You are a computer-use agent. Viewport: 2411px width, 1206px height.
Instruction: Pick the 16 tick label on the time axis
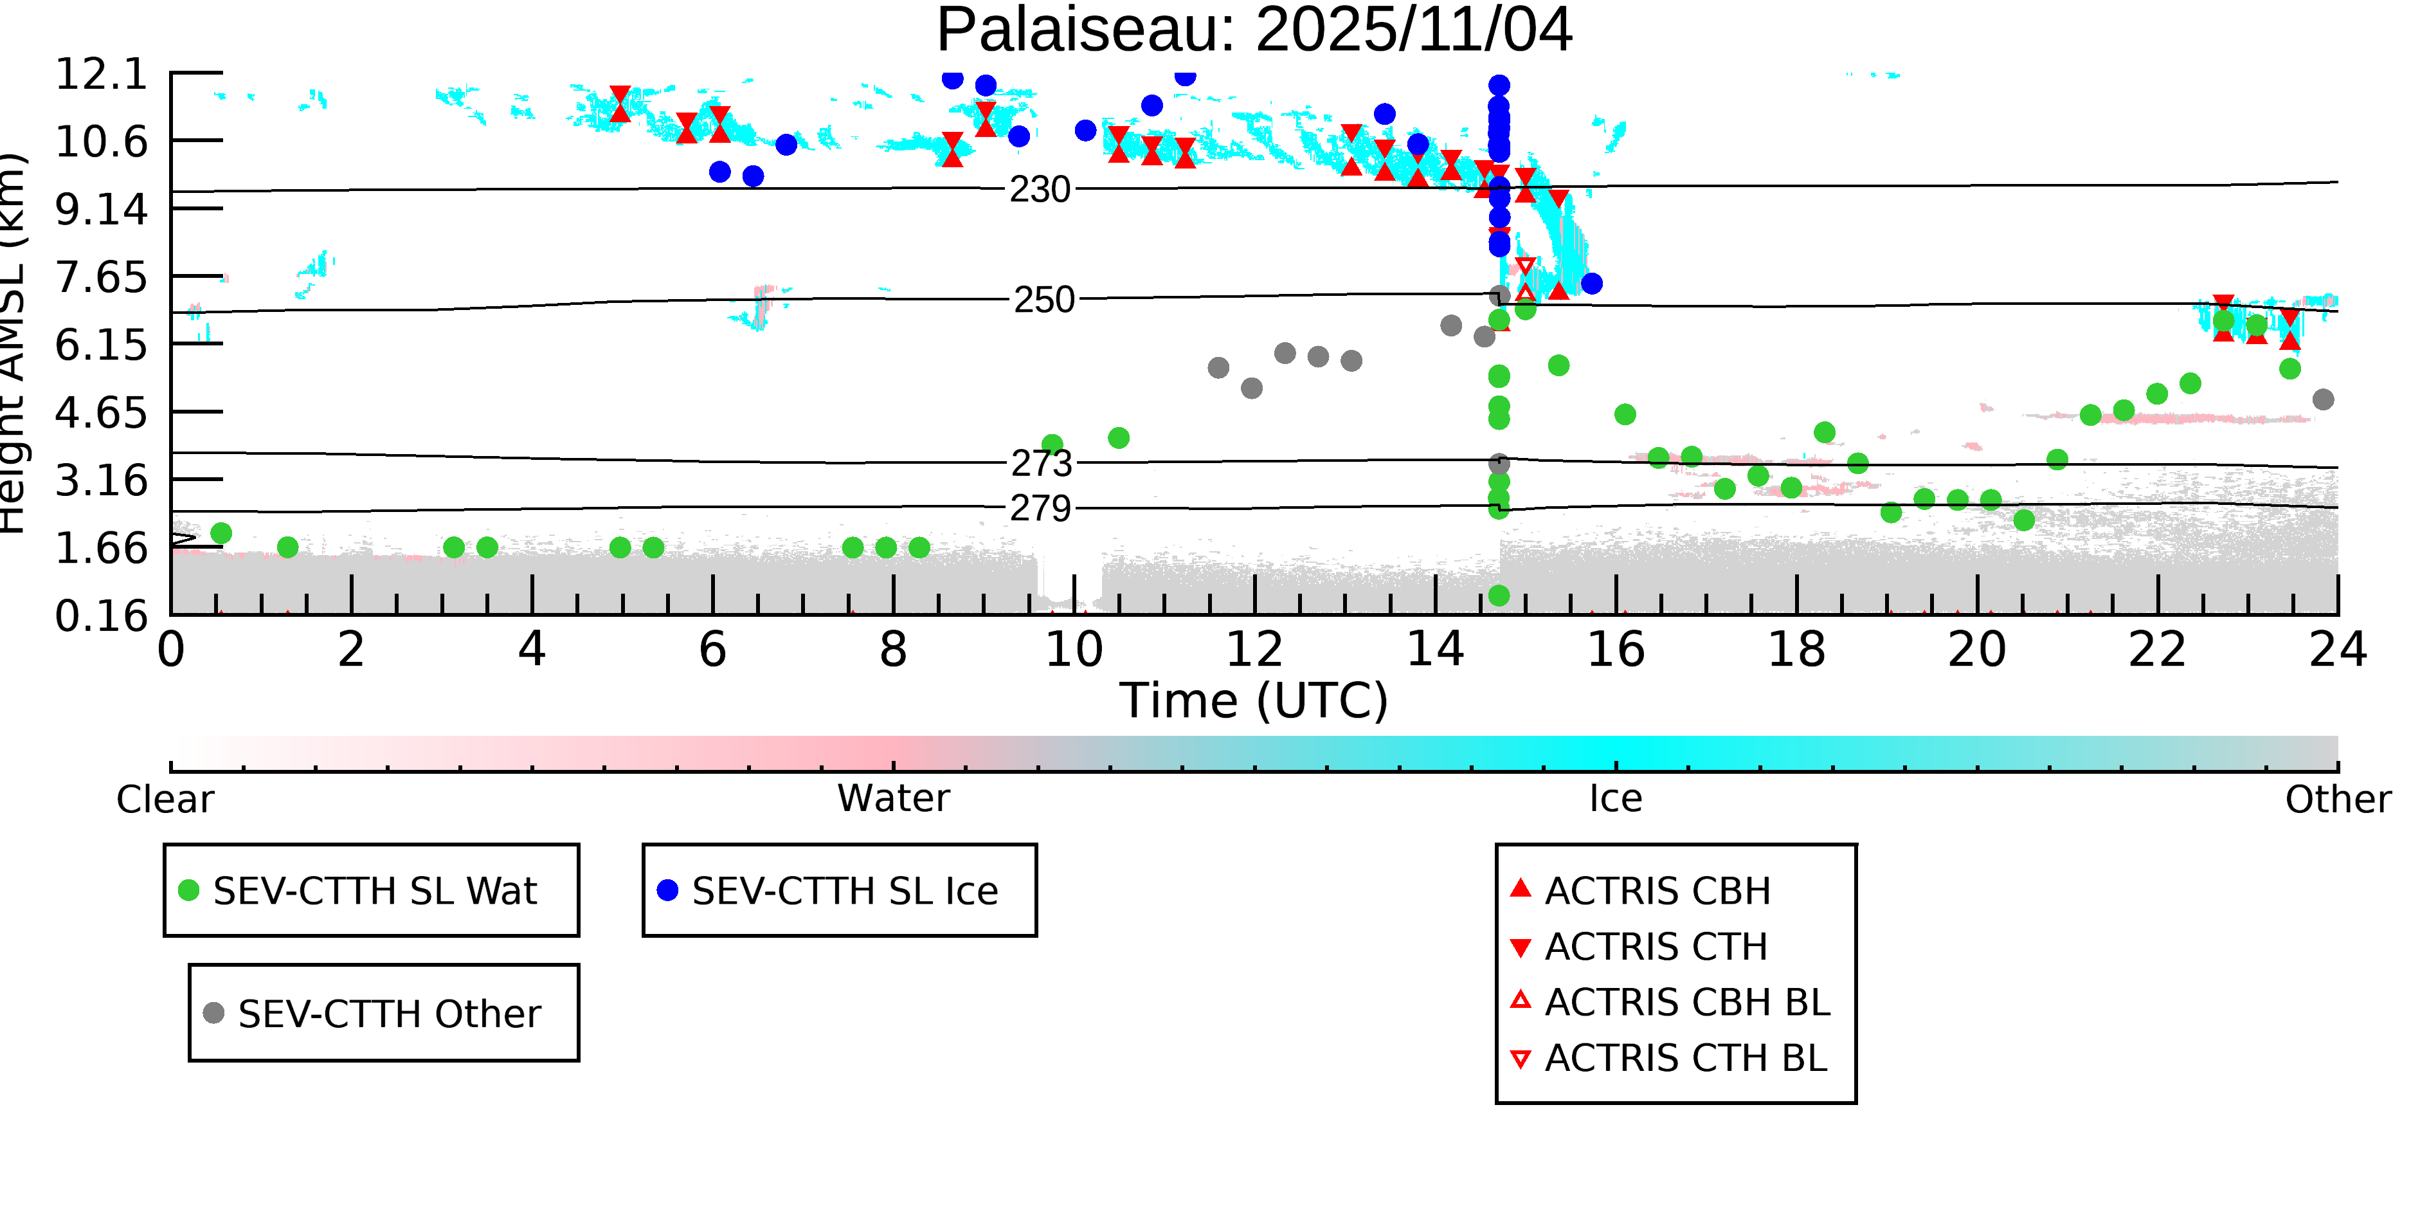pos(1616,650)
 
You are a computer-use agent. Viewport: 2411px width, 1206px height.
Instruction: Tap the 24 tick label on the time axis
pos(2337,650)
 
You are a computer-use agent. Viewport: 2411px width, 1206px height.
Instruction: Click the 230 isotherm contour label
pos(1040,190)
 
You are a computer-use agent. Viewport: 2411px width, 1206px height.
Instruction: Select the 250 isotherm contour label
pos(1043,300)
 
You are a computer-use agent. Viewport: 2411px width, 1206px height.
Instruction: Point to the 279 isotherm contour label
pos(1040,508)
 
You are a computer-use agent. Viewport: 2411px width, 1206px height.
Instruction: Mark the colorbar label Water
pos(893,799)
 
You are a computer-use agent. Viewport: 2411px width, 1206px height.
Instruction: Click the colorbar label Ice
pos(1616,799)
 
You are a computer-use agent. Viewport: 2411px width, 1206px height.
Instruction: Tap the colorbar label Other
pos(2337,799)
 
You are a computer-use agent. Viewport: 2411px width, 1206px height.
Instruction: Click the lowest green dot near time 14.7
pos(1499,596)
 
